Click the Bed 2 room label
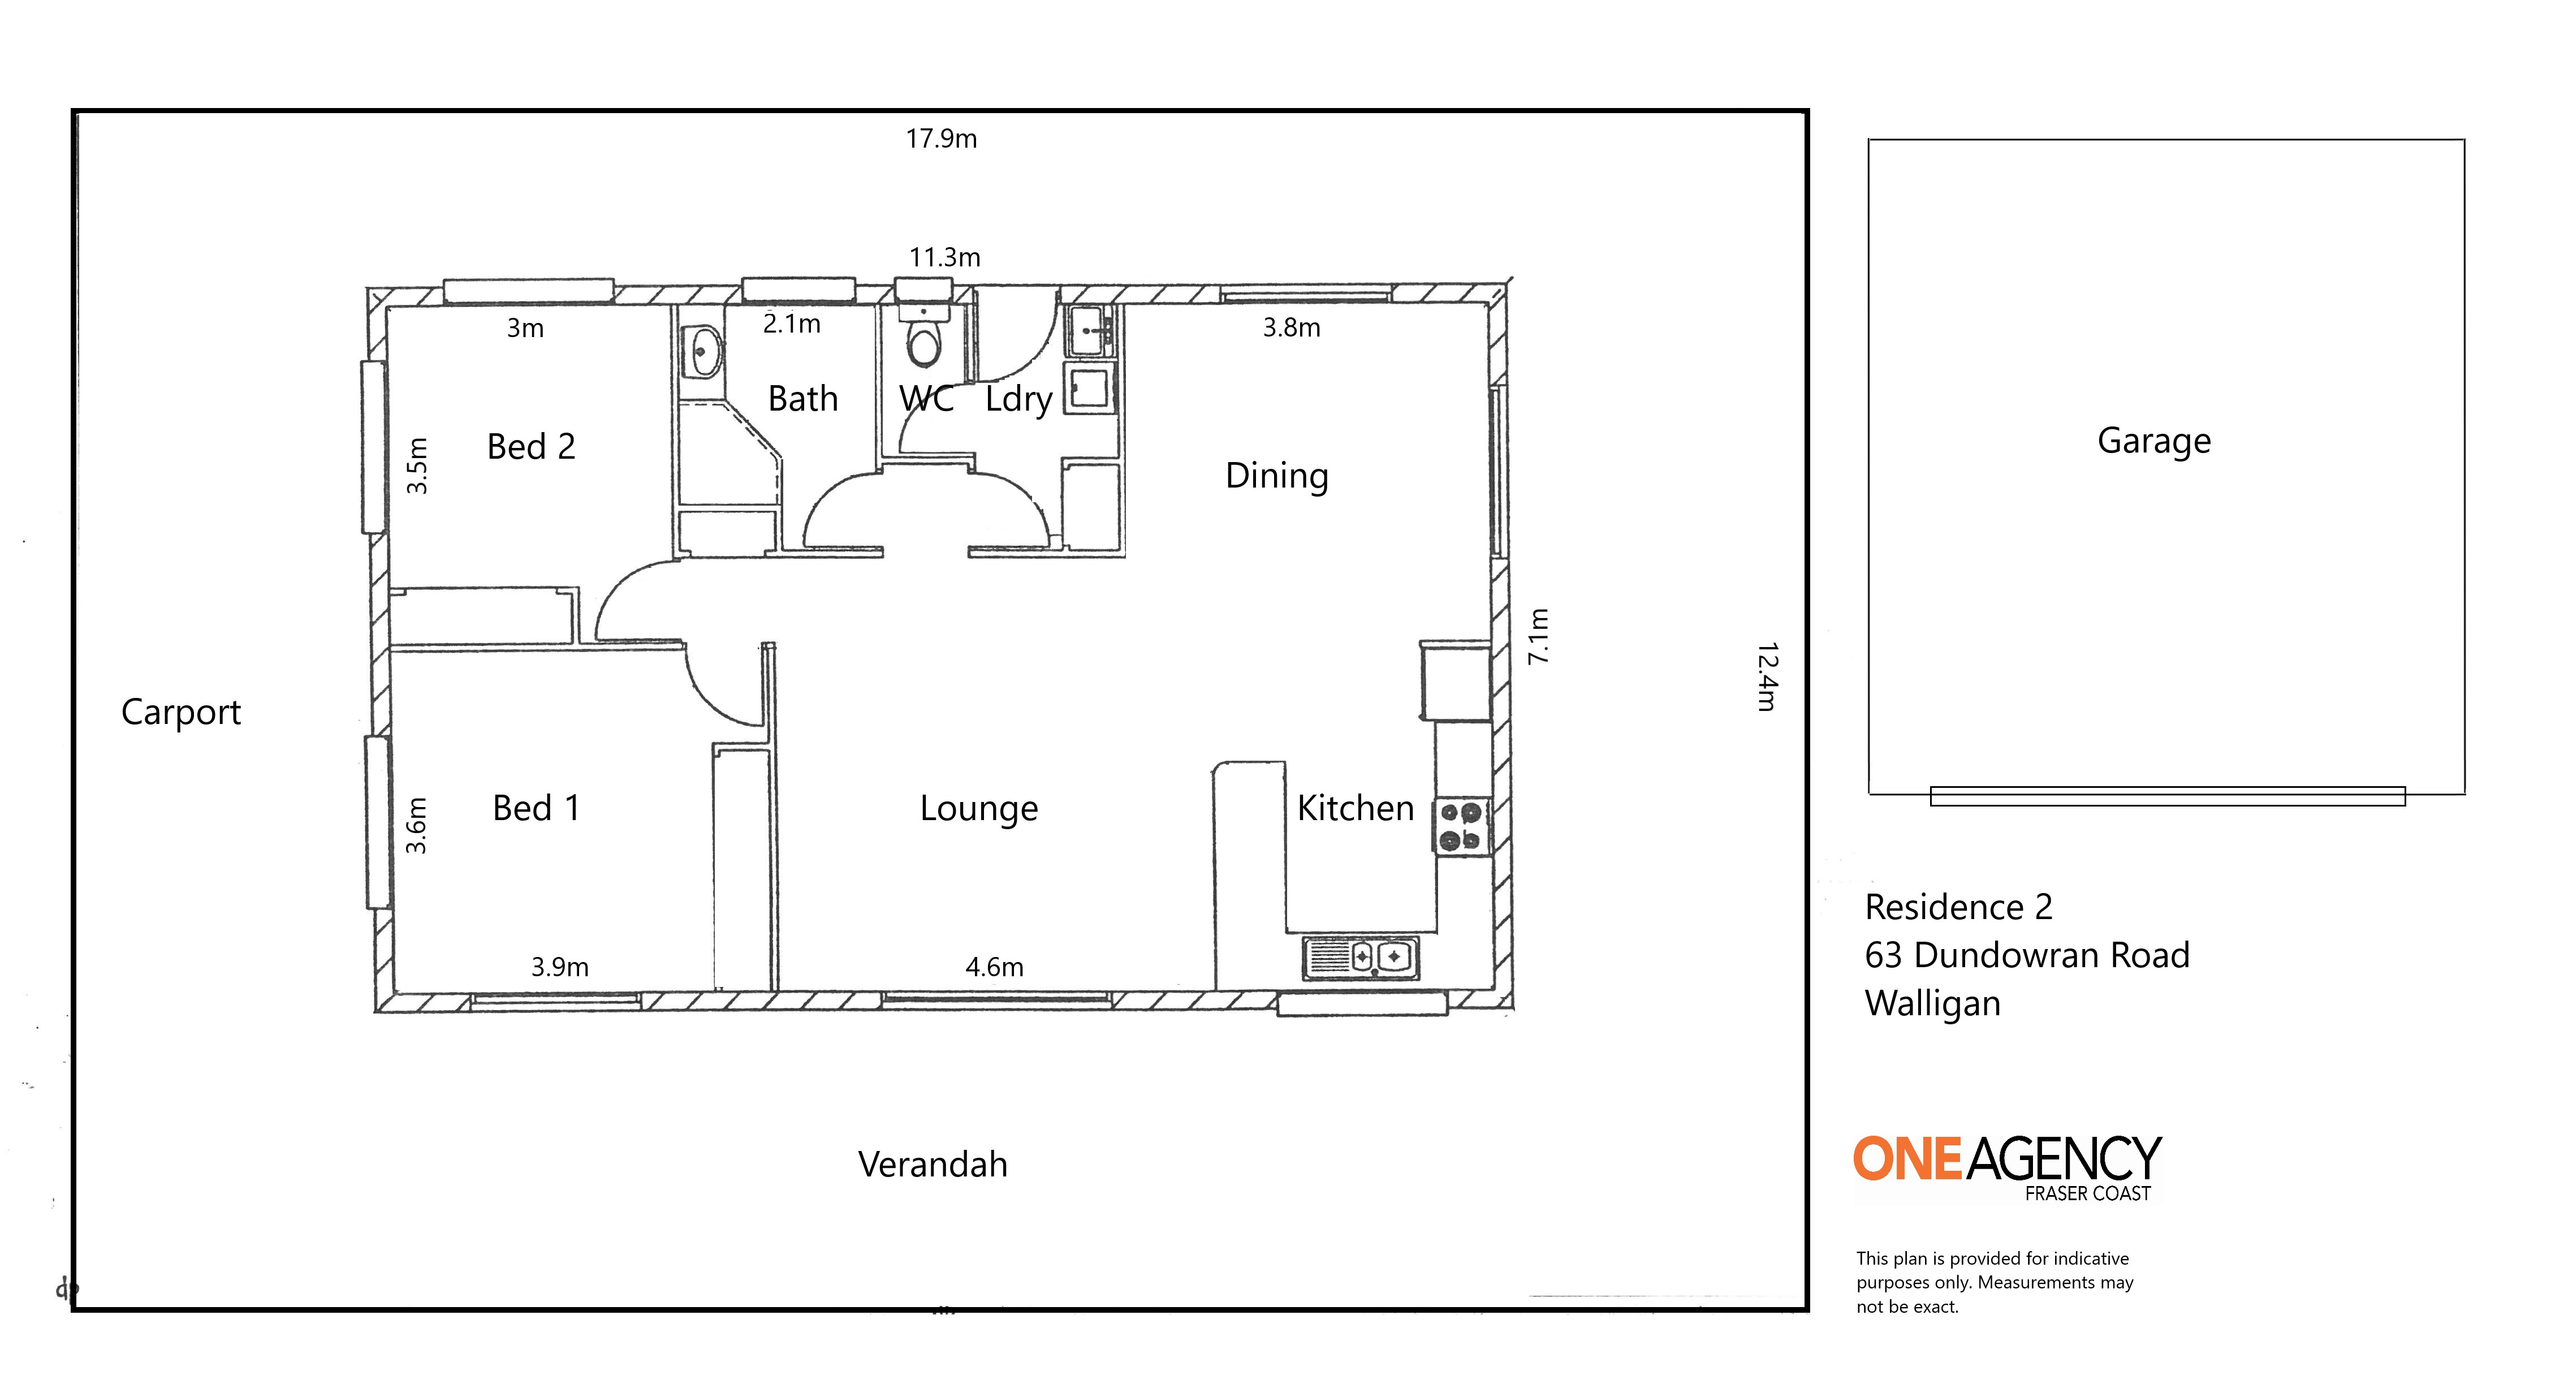[531, 447]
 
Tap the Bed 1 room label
[536, 808]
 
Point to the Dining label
[1276, 477]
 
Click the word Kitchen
[1356, 808]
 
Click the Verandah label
[933, 1164]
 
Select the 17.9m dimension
[941, 139]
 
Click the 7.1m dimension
[1538, 636]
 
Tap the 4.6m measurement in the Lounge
[994, 967]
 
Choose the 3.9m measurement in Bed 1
[559, 967]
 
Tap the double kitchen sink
[1361, 958]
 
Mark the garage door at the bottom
[2168, 796]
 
